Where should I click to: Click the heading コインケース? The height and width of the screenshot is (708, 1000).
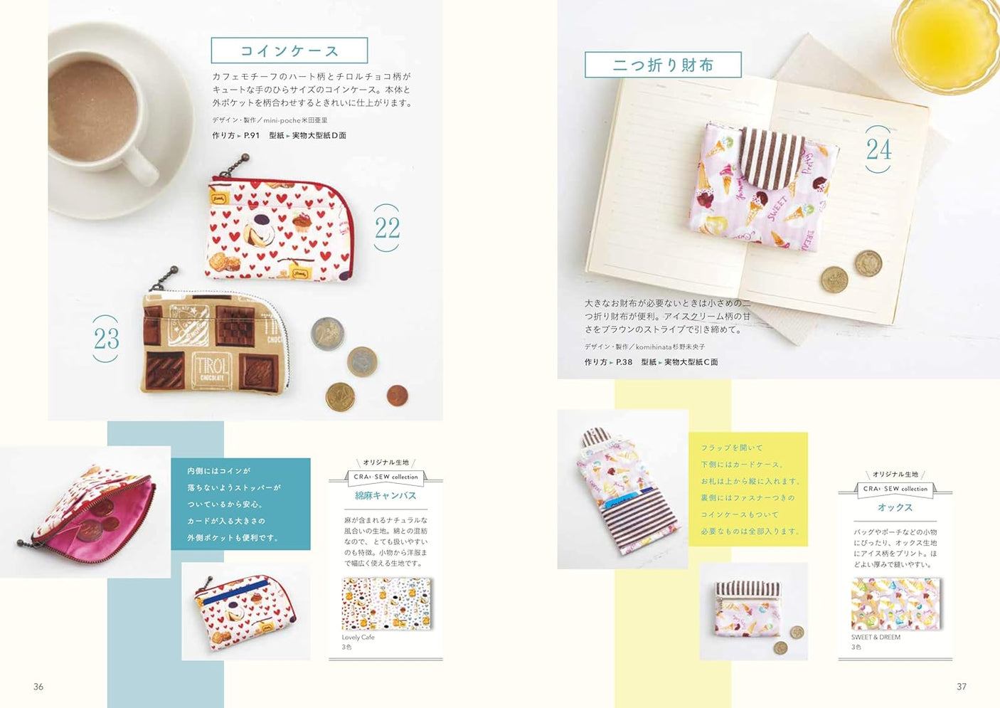click(x=289, y=51)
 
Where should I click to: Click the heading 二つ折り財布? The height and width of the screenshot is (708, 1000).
click(x=663, y=65)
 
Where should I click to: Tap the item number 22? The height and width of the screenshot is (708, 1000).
click(x=387, y=228)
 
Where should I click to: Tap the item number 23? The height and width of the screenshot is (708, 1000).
click(x=106, y=339)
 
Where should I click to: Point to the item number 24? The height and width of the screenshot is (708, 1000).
click(x=878, y=149)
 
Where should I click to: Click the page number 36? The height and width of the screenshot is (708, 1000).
click(x=38, y=687)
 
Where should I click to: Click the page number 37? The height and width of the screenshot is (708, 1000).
click(x=962, y=687)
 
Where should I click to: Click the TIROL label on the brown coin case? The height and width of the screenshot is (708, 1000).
click(x=211, y=369)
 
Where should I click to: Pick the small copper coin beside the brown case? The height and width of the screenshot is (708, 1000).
click(x=397, y=395)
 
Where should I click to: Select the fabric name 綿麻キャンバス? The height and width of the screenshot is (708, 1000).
click(x=385, y=495)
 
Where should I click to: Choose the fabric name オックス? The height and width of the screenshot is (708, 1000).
click(x=895, y=507)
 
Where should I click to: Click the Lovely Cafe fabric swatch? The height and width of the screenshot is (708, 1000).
click(x=387, y=604)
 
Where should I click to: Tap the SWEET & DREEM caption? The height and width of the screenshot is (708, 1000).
click(x=876, y=637)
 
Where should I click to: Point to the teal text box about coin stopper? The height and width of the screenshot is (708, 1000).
click(x=240, y=504)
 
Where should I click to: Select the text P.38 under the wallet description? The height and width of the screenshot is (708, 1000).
click(x=624, y=362)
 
